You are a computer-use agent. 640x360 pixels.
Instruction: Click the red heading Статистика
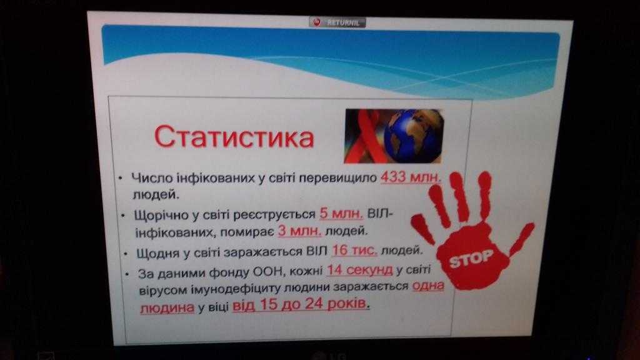tap(234, 137)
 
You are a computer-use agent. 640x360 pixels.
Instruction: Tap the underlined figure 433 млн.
tap(411, 177)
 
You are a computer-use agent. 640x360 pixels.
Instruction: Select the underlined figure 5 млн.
tap(341, 214)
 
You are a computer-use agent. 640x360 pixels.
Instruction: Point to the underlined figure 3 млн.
tap(299, 231)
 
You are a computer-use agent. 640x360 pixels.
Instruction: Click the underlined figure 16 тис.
tap(355, 250)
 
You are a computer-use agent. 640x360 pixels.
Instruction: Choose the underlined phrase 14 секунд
tap(359, 269)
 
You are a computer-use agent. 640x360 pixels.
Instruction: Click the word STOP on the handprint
tap(471, 258)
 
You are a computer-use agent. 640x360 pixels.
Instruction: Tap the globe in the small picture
tap(414, 135)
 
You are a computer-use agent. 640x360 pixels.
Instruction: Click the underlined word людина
tap(167, 307)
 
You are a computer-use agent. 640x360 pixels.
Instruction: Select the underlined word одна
tap(428, 285)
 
